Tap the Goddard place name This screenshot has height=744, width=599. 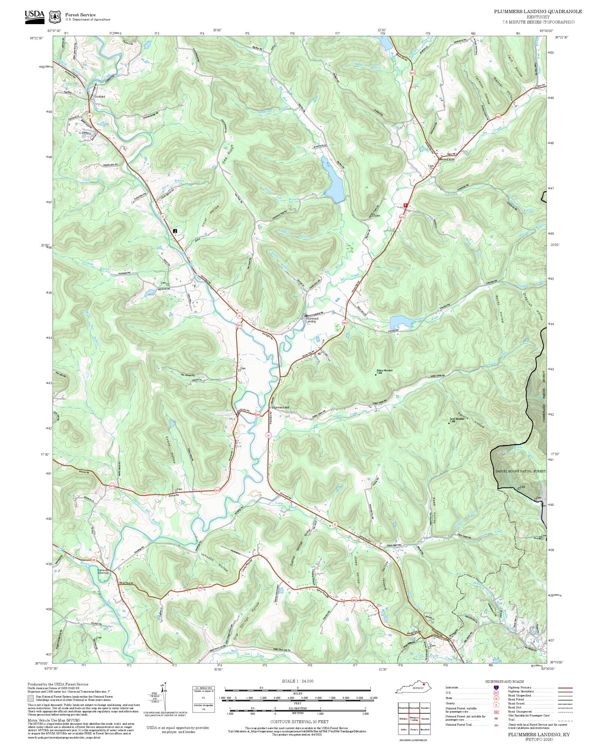(x=100, y=97)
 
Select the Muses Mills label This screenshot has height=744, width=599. (x=447, y=159)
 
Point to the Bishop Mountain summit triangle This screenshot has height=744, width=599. (x=377, y=373)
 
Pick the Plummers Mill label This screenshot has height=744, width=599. (x=280, y=407)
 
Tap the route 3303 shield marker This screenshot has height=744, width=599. (x=258, y=414)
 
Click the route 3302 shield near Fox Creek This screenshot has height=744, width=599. (x=498, y=117)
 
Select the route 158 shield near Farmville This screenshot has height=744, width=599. (x=94, y=560)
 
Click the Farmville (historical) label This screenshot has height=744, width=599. (x=103, y=572)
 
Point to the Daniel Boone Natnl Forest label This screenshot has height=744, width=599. (x=520, y=471)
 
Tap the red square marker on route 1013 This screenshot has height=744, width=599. (x=405, y=205)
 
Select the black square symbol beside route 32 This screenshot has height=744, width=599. (x=175, y=231)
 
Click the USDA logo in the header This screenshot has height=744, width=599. (x=34, y=17)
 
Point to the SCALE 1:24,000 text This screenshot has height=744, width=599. (x=298, y=681)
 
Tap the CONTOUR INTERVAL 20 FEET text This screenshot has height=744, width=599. (x=299, y=722)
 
